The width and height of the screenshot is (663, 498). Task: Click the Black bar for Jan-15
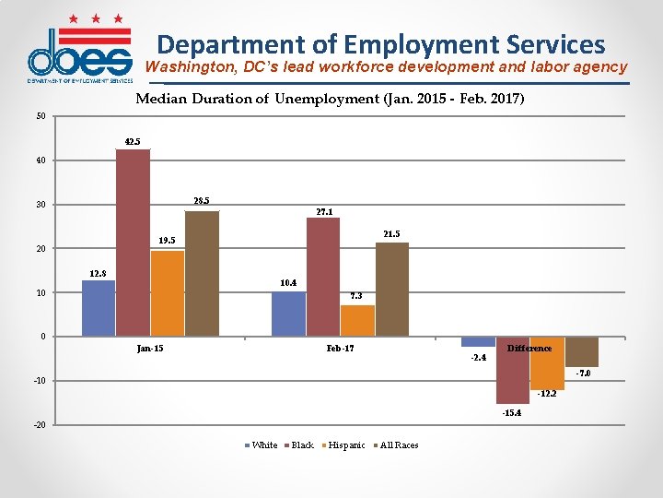coord(133,243)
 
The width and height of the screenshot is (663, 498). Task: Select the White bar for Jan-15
coord(99,308)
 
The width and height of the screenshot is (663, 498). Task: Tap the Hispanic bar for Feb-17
coord(357,320)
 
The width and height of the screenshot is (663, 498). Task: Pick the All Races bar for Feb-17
coord(391,289)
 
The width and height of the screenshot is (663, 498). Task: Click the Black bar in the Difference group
coord(513,370)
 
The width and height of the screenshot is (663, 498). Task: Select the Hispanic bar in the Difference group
coord(547,362)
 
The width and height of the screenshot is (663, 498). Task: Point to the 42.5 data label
coord(133,142)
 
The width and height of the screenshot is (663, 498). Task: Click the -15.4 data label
coord(513,413)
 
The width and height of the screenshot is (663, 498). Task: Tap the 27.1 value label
coord(324,211)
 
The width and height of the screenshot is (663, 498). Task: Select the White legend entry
coord(263,445)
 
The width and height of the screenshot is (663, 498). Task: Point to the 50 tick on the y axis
coord(41,116)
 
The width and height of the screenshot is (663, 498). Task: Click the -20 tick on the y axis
coord(39,425)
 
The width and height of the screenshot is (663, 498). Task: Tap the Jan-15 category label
coord(150,349)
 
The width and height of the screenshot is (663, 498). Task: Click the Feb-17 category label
coord(340,349)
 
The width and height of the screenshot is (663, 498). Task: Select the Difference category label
coord(529,349)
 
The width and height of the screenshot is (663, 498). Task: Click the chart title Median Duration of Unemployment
coord(330,99)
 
